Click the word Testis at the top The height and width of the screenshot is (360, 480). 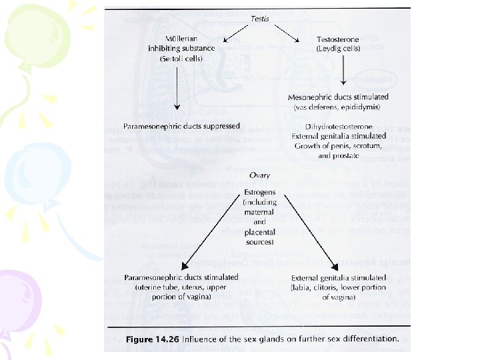tap(260, 19)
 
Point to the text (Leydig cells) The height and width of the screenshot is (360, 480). tap(340, 49)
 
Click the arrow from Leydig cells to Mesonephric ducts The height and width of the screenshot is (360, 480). tap(342, 71)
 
